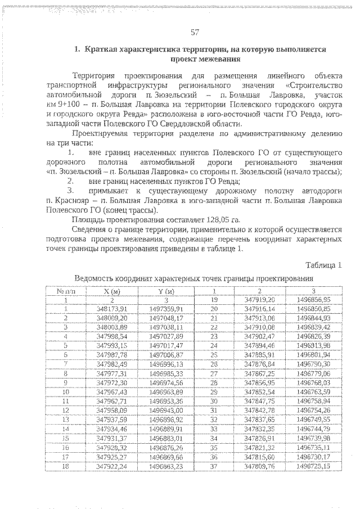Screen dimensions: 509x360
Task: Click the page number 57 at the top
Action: click(x=195, y=31)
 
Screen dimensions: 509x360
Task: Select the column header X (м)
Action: click(x=112, y=291)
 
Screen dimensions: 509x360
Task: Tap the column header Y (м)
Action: click(x=166, y=291)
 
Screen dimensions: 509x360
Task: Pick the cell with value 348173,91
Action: click(x=112, y=309)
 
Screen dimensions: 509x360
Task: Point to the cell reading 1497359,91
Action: click(x=166, y=309)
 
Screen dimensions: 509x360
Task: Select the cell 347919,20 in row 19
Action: click(x=259, y=300)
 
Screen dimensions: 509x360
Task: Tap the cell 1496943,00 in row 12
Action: click(x=166, y=411)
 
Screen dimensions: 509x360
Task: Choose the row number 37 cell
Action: click(x=214, y=466)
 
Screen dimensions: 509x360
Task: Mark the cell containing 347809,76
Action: click(x=259, y=466)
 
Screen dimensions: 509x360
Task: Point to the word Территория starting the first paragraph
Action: click(x=93, y=76)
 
